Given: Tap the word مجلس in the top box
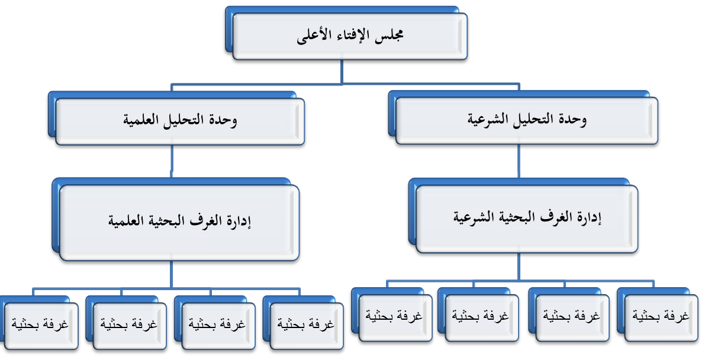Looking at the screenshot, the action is [x=389, y=35].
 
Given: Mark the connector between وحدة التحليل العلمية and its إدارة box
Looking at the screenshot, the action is [x=171, y=162].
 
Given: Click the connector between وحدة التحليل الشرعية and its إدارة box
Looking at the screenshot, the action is [x=519, y=162].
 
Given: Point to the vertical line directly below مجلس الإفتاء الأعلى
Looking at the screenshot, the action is [x=342, y=72].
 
